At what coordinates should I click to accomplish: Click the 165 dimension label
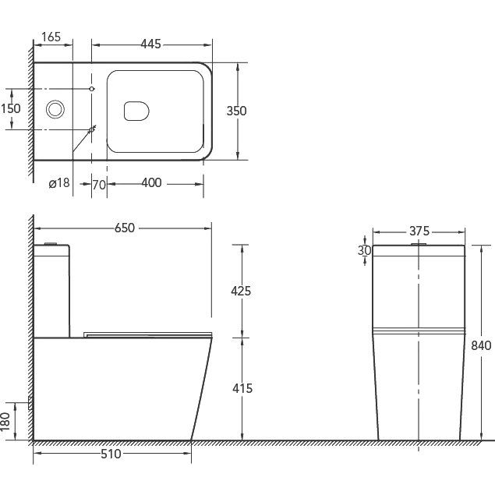51,37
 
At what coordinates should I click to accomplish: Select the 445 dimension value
151,44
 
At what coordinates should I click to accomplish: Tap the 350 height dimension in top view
236,111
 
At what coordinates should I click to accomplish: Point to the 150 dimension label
11,108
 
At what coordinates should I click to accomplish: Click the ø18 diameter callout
59,182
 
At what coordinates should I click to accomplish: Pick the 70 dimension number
99,185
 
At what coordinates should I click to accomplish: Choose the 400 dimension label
151,182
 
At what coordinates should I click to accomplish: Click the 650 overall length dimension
125,228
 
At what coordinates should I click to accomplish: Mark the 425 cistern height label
241,291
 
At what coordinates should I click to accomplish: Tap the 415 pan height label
242,389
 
